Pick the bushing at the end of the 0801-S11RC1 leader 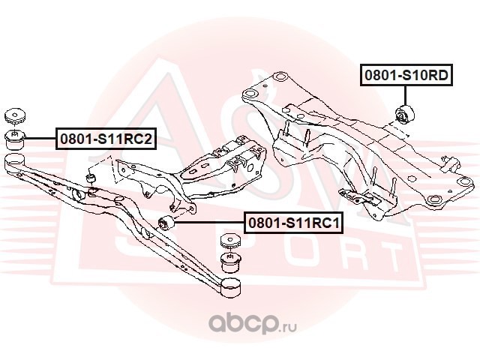coord(169,223)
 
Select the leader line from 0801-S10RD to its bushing coord(404,96)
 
